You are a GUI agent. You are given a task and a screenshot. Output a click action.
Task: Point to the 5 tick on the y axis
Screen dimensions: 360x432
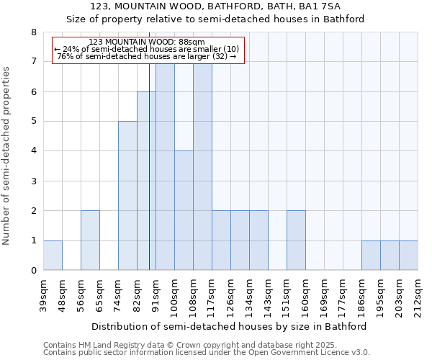point(33,121)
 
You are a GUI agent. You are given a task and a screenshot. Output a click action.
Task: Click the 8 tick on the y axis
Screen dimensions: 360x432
point(33,32)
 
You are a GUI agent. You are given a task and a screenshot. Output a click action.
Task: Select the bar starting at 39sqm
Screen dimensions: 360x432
point(53,256)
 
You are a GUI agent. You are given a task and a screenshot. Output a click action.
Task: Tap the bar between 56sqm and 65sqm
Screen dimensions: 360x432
point(90,240)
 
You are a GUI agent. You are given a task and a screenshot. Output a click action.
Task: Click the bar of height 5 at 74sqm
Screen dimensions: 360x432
point(127,196)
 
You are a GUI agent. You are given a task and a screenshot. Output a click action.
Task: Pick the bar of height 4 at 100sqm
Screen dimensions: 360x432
point(184,210)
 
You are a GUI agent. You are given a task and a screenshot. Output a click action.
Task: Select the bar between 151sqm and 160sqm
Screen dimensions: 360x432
point(296,240)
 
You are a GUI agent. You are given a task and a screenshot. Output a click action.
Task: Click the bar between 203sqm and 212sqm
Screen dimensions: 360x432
point(408,256)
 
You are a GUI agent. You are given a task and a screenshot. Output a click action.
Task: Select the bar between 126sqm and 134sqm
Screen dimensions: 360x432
point(240,240)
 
